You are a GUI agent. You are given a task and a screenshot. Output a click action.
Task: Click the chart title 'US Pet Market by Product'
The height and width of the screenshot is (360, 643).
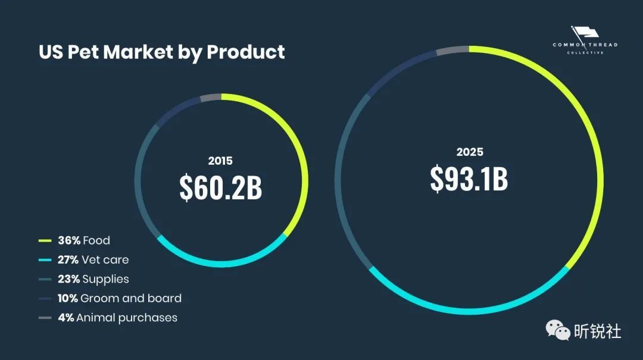161,52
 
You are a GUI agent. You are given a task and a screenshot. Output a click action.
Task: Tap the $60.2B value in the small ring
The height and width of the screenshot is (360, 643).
221,188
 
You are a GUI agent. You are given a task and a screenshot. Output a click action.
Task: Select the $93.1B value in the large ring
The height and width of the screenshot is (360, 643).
469,179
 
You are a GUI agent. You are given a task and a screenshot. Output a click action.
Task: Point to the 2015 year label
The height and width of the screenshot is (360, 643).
220,161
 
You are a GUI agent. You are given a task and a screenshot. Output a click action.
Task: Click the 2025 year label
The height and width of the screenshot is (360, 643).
470,152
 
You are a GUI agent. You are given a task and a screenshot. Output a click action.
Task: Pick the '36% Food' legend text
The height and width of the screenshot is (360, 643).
84,240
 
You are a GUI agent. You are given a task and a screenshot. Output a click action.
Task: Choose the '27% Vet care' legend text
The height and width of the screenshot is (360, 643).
93,259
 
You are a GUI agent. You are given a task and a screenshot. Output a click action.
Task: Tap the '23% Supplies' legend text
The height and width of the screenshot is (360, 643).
93,279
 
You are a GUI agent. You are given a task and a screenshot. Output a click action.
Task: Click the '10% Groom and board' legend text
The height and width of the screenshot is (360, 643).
120,298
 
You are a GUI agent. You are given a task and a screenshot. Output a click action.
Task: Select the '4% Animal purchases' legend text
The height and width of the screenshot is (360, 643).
118,318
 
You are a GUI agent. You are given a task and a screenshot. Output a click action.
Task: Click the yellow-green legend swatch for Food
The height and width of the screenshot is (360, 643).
45,240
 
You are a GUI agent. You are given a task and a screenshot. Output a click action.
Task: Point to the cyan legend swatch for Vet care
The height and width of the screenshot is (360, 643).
45,260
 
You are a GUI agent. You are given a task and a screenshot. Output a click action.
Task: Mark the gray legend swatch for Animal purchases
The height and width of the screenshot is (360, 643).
45,318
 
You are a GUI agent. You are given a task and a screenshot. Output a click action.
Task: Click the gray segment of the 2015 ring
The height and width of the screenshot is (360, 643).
211,98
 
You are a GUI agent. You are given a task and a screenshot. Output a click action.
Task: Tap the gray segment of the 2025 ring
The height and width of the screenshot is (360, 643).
452,50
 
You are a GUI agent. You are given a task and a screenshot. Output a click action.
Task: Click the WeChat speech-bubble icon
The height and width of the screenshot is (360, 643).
558,330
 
